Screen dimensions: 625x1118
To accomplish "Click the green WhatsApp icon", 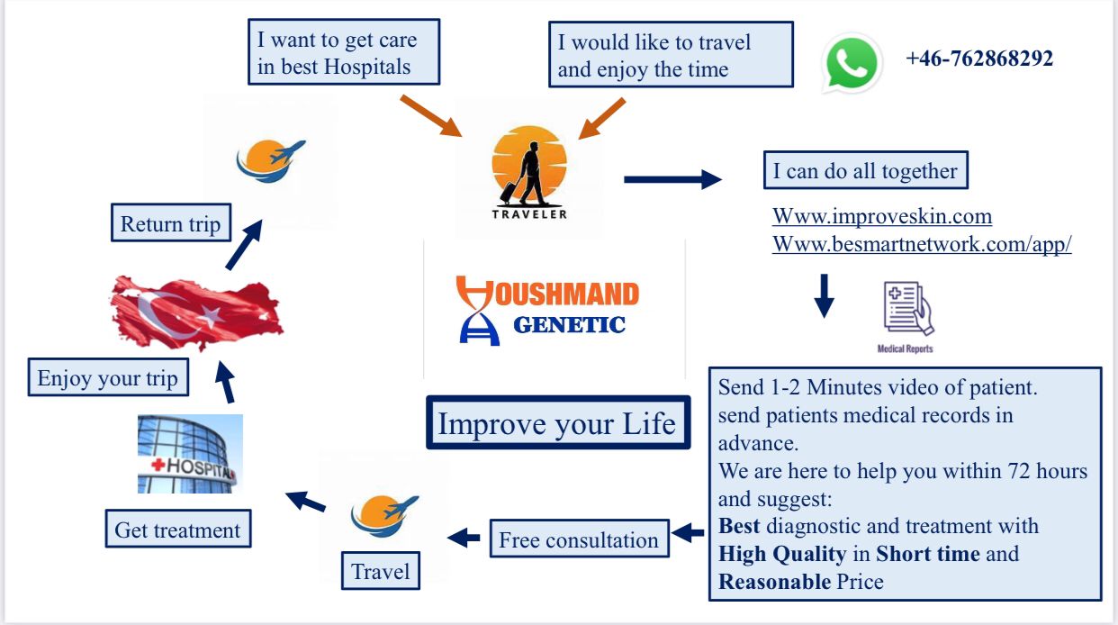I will click(851, 63).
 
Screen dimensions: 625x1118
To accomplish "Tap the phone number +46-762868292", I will click(979, 59).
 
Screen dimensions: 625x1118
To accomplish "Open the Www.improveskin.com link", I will click(881, 217).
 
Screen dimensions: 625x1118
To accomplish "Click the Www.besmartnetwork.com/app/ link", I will click(921, 245).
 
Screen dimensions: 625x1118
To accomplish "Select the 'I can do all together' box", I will click(865, 171).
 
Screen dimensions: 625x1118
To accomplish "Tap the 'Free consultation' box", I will click(578, 540).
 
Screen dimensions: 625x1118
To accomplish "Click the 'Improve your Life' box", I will click(557, 423).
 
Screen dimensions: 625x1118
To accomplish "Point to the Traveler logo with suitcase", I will click(529, 172).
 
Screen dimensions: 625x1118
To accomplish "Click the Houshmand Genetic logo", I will click(548, 310).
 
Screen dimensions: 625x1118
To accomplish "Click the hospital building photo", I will click(190, 454).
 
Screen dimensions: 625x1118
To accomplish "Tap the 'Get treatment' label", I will click(177, 530).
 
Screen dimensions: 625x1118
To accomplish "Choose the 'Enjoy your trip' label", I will click(107, 378).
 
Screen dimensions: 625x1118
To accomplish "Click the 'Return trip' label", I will click(170, 224).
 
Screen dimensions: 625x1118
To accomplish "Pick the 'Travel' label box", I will click(380, 572).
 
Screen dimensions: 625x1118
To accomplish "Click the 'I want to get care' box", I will click(344, 53).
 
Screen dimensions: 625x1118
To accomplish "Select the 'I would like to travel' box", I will click(670, 55).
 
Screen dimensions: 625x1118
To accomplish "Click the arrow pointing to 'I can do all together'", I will click(672, 179).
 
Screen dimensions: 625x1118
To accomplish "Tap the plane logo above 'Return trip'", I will click(270, 159).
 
